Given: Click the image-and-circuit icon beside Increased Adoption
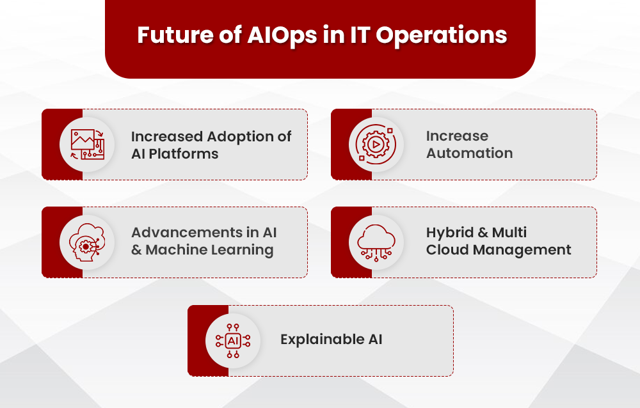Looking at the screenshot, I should [87, 145].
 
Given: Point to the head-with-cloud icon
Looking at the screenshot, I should [87, 242].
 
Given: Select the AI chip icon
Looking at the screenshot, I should [233, 340].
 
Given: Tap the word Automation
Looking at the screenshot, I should [469, 153].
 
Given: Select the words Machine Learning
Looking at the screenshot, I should [210, 250].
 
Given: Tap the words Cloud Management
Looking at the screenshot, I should [499, 250].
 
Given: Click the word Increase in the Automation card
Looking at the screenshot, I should [457, 136].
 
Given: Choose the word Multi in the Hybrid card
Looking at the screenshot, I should [510, 233].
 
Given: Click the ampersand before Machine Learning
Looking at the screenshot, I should [136, 250].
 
